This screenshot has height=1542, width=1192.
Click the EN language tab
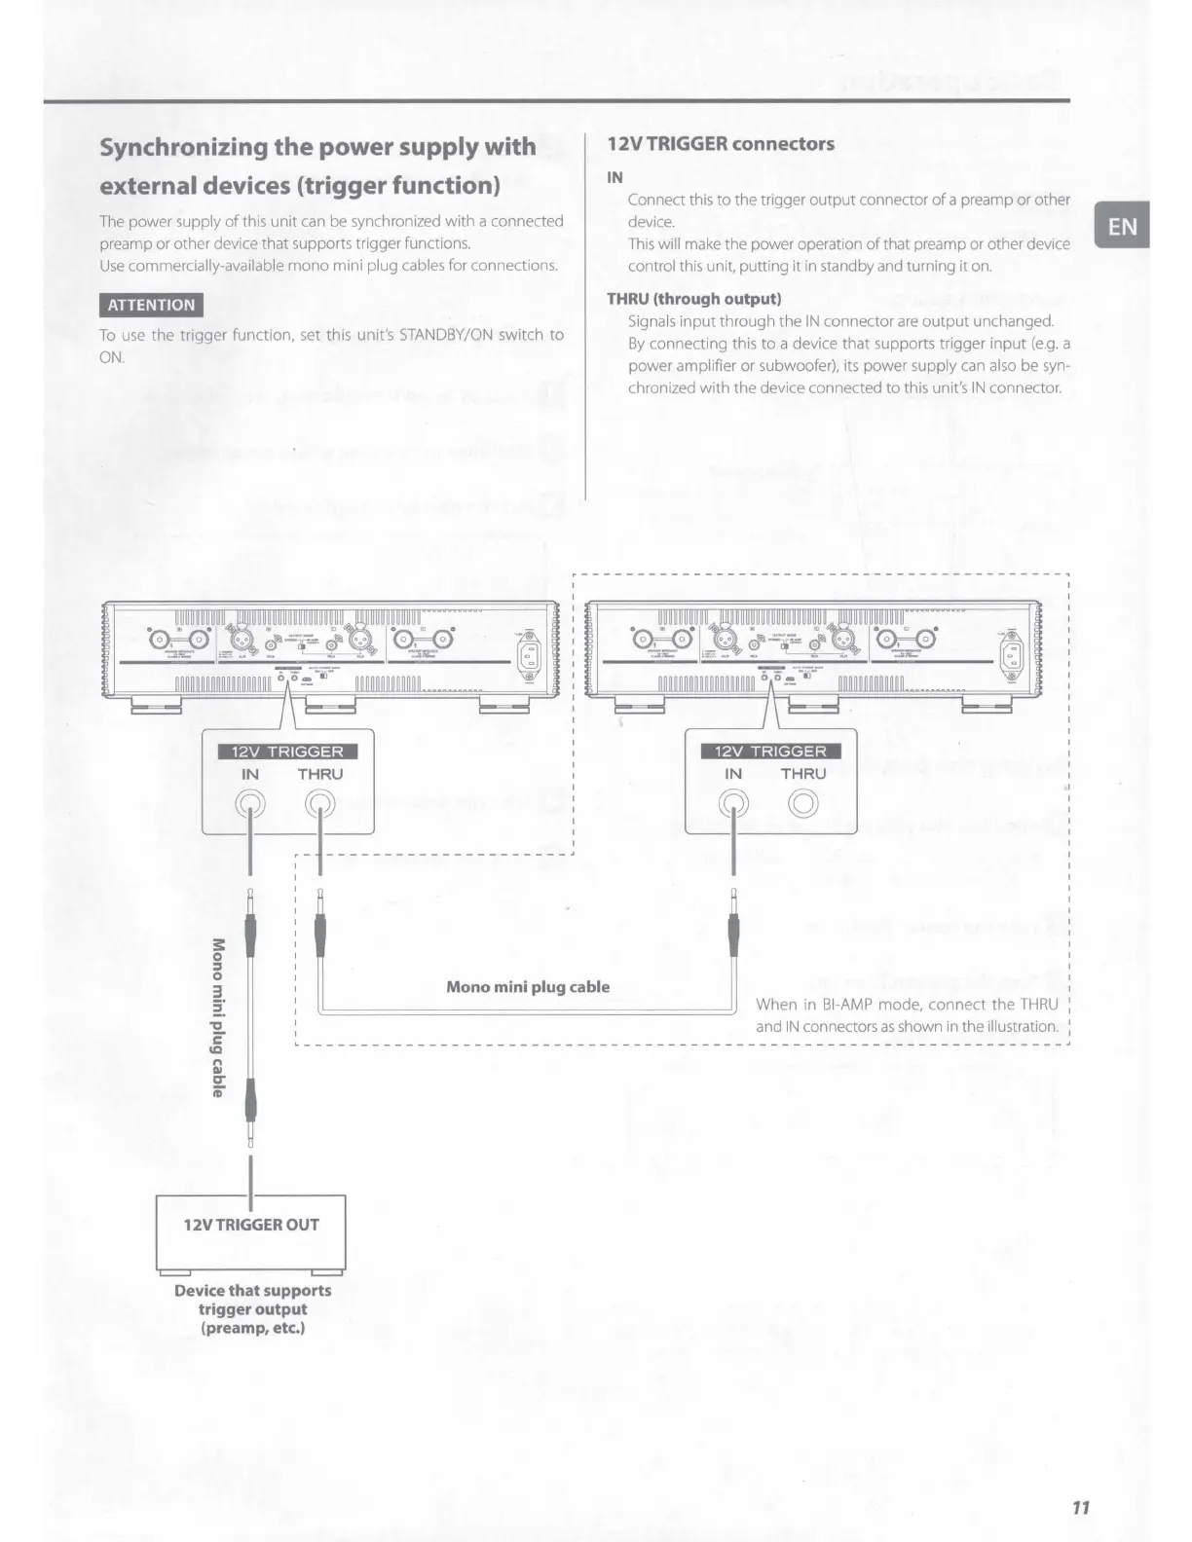[x=1122, y=227]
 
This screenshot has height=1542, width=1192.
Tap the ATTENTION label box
[x=151, y=305]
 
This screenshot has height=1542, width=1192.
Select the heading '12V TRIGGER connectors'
[x=720, y=144]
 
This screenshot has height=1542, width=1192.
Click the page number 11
[x=1080, y=1508]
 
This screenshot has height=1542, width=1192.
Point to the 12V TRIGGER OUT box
[x=251, y=1225]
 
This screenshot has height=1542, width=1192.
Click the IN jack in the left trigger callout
[x=251, y=804]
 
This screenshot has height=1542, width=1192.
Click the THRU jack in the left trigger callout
[x=319, y=804]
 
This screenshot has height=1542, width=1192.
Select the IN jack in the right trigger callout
[x=733, y=804]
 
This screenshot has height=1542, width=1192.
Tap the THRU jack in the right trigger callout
[x=802, y=804]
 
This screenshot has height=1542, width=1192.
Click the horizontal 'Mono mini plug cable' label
[x=527, y=987]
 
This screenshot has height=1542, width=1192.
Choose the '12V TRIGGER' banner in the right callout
[x=769, y=751]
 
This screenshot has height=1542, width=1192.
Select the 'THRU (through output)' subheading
[x=693, y=299]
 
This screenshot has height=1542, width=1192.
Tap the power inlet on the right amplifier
[x=1013, y=652]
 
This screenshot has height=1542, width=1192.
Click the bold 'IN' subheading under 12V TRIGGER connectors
[x=615, y=177]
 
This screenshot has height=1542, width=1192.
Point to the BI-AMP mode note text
[x=906, y=1014]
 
